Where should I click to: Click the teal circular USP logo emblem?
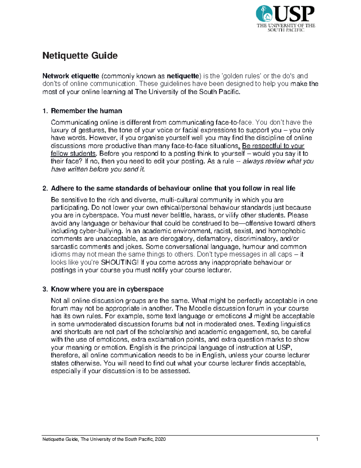264,14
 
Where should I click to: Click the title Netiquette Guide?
80,56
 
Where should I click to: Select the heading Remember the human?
86,111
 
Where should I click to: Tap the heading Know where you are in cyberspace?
107,289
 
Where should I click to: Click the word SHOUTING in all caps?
119,262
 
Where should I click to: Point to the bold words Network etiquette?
71,76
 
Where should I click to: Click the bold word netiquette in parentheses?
183,76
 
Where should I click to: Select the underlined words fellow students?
73,154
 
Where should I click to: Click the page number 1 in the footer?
317,439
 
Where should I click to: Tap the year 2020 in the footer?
161,439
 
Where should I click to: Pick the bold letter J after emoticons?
250,316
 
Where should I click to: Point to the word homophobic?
286,231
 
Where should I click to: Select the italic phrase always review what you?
278,162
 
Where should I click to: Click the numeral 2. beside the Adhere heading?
45,189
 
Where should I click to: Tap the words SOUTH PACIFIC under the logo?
286,30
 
